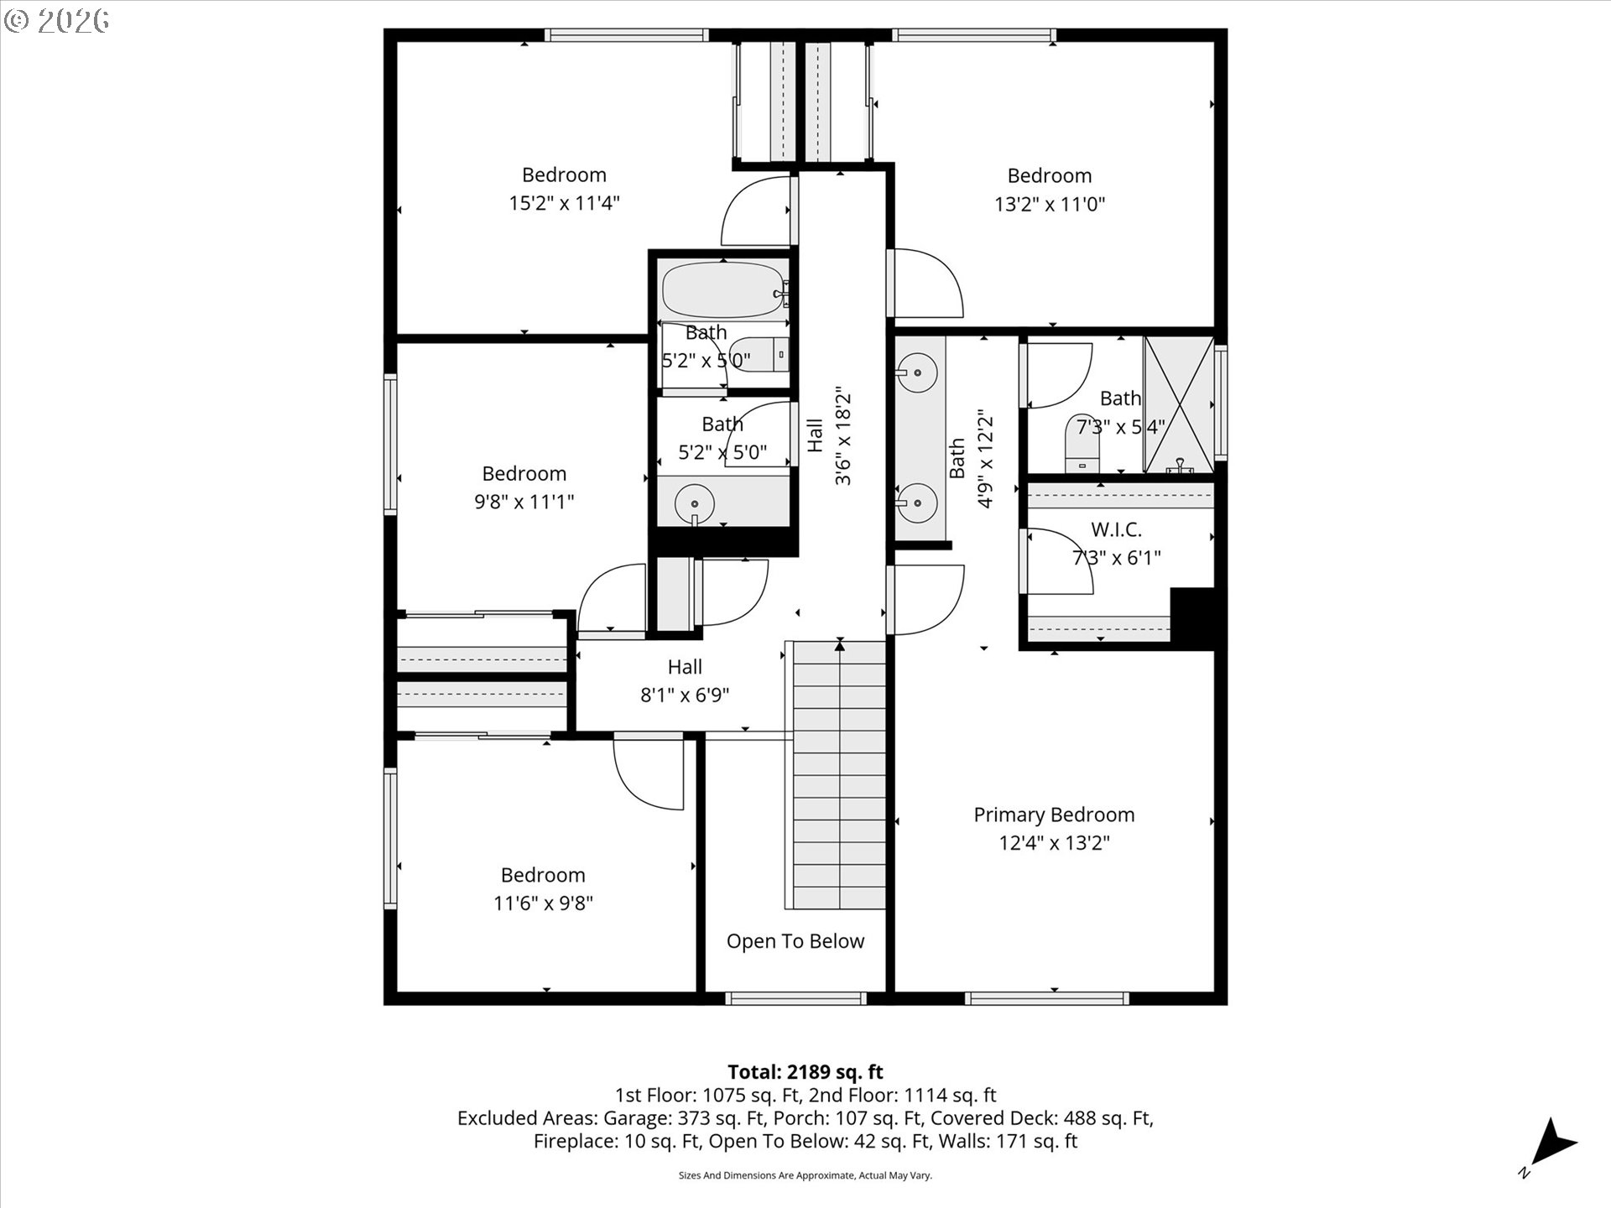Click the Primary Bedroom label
pyautogui.click(x=1054, y=815)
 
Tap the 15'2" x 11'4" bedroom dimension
pyautogui.click(x=564, y=203)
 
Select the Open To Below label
pyautogui.click(x=795, y=941)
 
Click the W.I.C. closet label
pyautogui.click(x=1116, y=530)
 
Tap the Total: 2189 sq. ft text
pyautogui.click(x=805, y=1072)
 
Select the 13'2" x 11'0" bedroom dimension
pyautogui.click(x=1050, y=204)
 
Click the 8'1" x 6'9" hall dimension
pyautogui.click(x=685, y=695)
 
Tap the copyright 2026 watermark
pyautogui.click(x=56, y=20)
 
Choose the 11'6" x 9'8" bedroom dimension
pyautogui.click(x=544, y=903)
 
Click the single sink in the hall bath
pyautogui.click(x=695, y=503)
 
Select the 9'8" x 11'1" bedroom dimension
pyautogui.click(x=524, y=502)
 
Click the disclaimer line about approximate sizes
pyautogui.click(x=805, y=1176)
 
